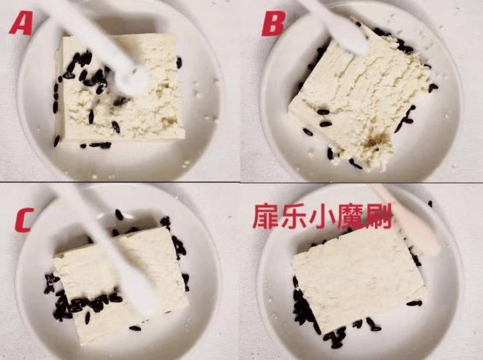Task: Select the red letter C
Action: coord(23,220)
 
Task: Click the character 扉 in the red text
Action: coord(264,218)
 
